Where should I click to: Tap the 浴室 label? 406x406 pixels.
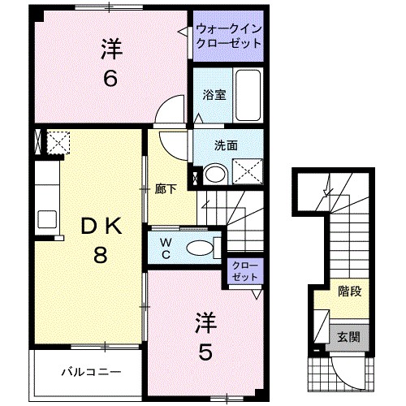pos(214,94)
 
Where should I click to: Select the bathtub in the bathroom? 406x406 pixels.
pos(248,95)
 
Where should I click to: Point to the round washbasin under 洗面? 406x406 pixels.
pos(215,173)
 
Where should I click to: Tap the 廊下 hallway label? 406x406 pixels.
pos(166,188)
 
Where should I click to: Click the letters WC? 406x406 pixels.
pos(165,246)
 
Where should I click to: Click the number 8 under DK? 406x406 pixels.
pos(99,256)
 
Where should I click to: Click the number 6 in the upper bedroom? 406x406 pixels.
pos(111,79)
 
